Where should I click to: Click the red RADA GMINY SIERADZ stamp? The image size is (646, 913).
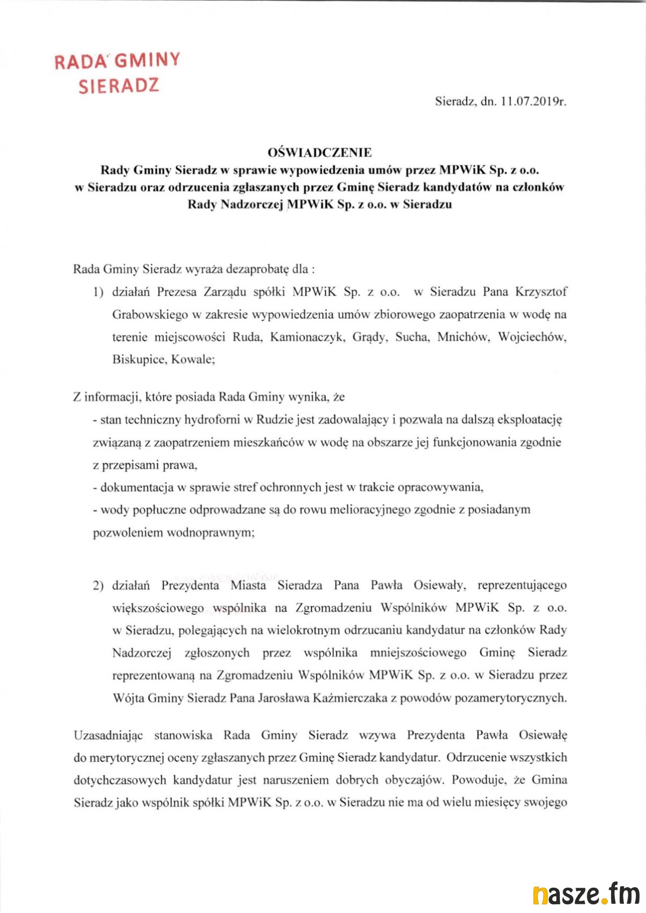118,73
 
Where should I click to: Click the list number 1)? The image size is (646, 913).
98,292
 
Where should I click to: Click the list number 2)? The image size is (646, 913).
98,586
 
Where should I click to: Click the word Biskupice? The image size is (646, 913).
138,360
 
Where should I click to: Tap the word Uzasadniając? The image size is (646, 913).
108,735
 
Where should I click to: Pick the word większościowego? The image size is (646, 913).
158,608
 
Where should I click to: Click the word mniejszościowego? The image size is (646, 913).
418,653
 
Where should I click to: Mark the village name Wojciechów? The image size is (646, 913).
532,338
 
